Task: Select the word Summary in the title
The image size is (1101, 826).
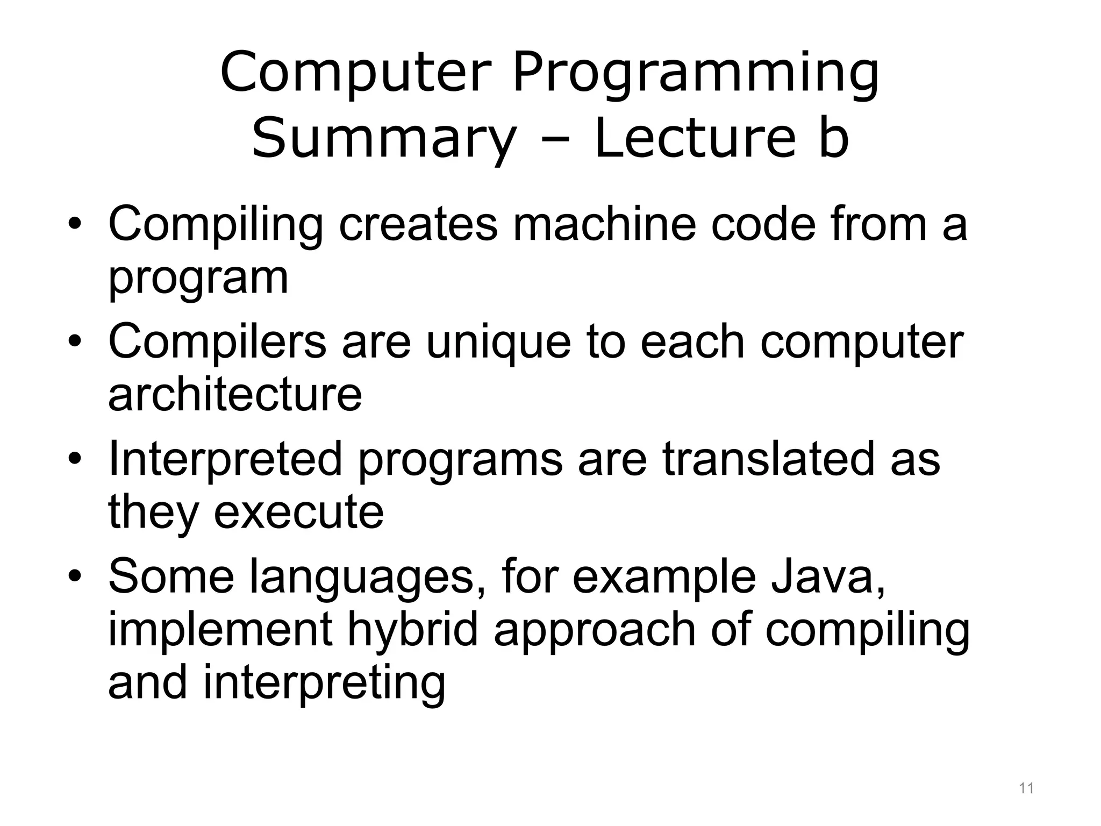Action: [384, 139]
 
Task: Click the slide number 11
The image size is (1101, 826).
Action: [1026, 789]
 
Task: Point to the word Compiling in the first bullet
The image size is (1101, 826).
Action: [215, 225]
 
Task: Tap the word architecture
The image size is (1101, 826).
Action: [235, 394]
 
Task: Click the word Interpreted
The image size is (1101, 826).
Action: [225, 459]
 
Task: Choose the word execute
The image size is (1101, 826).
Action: [298, 511]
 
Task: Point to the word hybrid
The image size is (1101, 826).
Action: [412, 629]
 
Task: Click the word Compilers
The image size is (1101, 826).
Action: [217, 341]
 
